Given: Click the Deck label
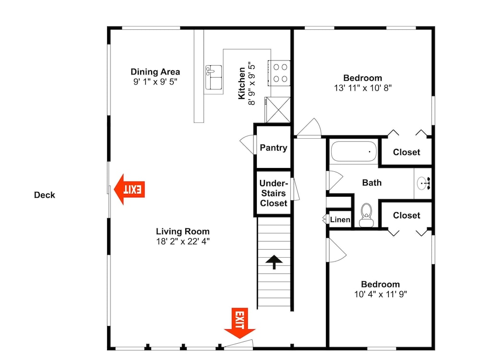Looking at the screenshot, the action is [x=44, y=195].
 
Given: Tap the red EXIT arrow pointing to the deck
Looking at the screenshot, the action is [x=129, y=189].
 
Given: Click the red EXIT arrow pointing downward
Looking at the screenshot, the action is [x=240, y=323].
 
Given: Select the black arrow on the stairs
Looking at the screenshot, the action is [x=274, y=262].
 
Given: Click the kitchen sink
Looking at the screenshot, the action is [x=214, y=77].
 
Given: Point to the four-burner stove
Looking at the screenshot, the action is [x=279, y=73].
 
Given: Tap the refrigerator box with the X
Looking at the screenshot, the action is [x=278, y=110].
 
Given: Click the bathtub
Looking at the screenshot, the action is [x=354, y=151].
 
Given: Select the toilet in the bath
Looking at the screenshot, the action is [x=366, y=216].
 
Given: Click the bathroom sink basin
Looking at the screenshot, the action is [x=423, y=183].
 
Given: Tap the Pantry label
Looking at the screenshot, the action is [x=274, y=148].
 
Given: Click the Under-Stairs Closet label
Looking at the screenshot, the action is [x=274, y=193].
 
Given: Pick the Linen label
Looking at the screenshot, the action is [x=340, y=219].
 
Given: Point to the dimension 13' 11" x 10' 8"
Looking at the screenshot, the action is [x=363, y=88].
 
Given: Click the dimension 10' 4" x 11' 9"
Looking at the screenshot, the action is [x=381, y=294].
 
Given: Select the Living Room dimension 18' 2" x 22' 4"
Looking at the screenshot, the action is [x=183, y=241].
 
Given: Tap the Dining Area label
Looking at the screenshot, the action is [x=155, y=72].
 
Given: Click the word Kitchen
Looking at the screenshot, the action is [x=242, y=83].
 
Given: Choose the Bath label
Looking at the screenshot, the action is [x=372, y=183].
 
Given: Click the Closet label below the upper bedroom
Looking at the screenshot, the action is [x=407, y=152].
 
